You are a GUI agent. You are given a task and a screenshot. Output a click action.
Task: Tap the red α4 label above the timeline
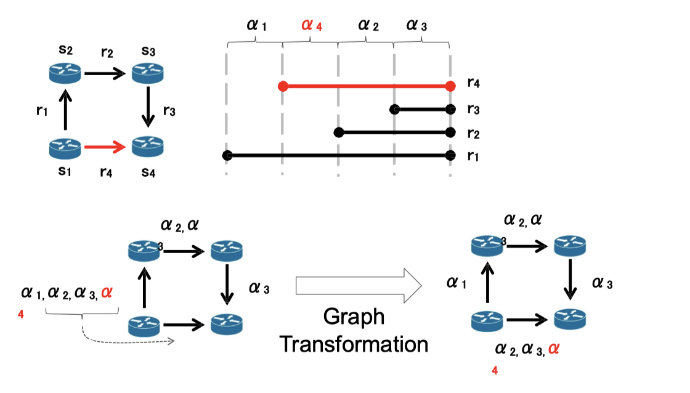(312, 25)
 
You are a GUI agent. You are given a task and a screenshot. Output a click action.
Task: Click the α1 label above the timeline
(256, 25)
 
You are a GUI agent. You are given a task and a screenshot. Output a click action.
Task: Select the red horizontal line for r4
(367, 86)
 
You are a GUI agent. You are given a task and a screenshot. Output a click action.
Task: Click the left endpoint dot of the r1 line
(227, 156)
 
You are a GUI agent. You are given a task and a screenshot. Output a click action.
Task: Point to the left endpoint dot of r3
(395, 110)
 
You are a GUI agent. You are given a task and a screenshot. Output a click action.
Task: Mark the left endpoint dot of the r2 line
(338, 132)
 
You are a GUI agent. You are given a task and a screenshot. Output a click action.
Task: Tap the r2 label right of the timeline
(473, 132)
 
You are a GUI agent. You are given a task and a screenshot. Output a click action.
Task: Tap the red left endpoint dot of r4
(283, 86)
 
